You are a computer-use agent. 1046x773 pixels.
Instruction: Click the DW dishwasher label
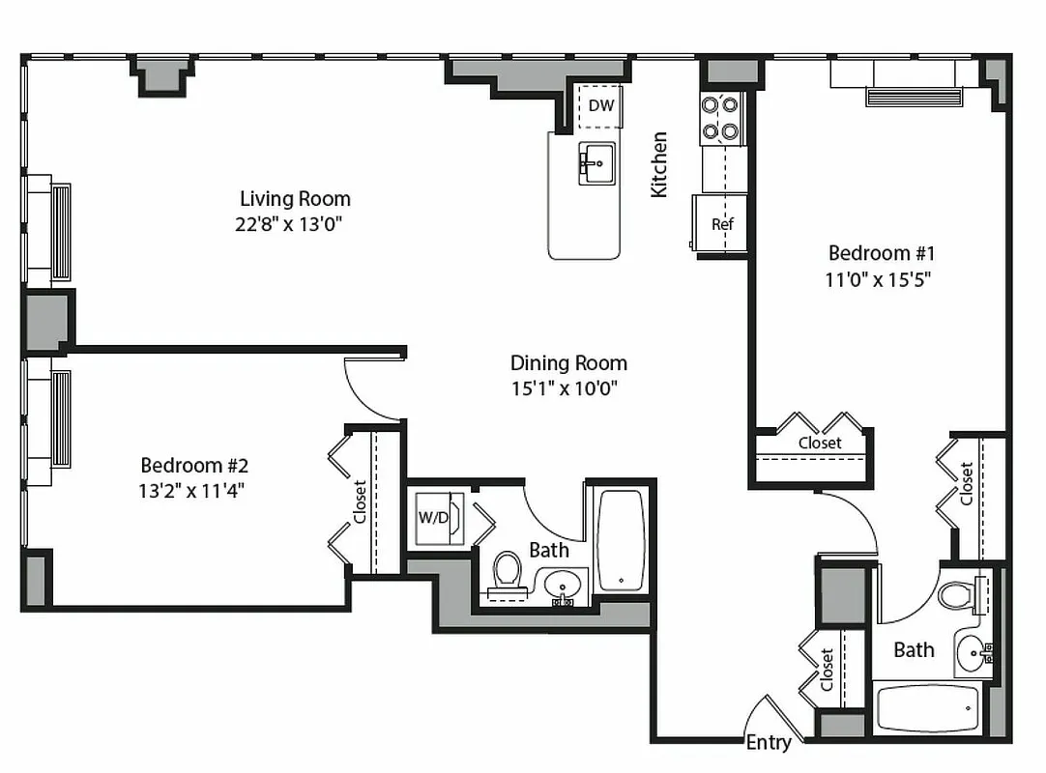(x=600, y=105)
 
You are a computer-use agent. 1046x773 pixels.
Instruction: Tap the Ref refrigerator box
(x=722, y=224)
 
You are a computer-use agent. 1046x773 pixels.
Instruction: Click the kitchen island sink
(x=597, y=161)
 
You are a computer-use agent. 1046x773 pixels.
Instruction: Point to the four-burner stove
(x=720, y=118)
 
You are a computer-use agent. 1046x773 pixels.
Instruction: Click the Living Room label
(x=295, y=199)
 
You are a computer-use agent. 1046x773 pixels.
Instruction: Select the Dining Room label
(x=568, y=363)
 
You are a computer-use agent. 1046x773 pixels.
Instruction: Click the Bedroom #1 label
(x=882, y=253)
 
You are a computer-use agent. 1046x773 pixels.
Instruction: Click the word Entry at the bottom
(x=769, y=742)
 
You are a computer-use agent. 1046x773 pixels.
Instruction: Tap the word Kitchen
(x=659, y=164)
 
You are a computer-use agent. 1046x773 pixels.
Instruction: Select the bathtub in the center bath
(x=620, y=541)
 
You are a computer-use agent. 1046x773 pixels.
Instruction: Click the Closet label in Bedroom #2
(x=360, y=501)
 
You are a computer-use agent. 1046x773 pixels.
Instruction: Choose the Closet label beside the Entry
(x=828, y=670)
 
